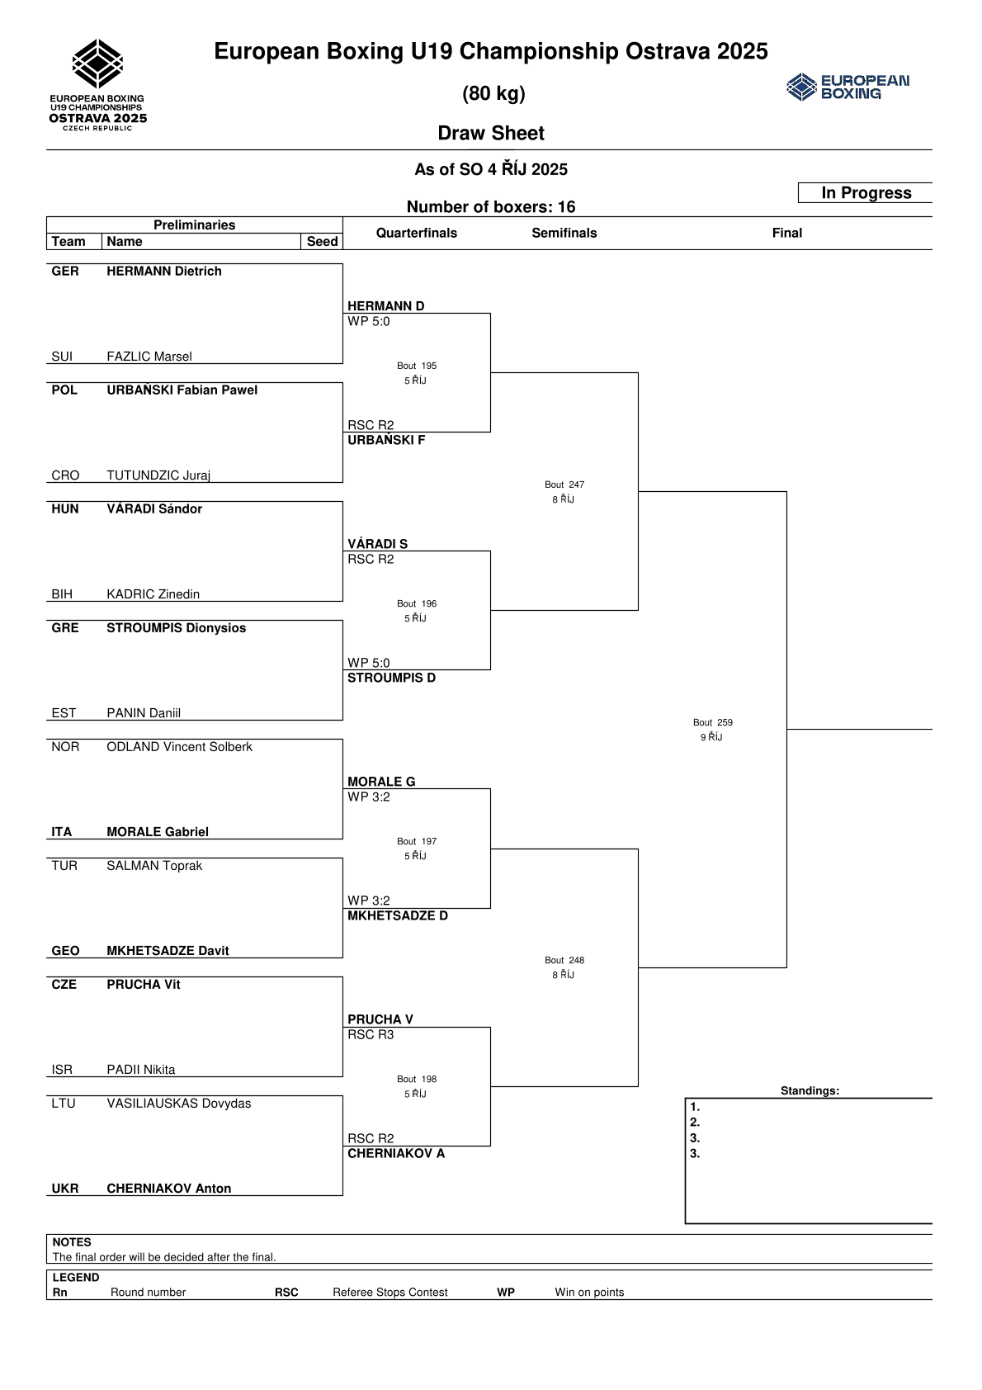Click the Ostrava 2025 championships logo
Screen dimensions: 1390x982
[x=97, y=85]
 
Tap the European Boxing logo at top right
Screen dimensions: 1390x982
[x=847, y=87]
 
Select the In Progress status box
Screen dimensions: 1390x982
[x=866, y=193]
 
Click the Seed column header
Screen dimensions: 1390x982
[x=322, y=242]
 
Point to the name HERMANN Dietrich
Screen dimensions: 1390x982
[x=163, y=272]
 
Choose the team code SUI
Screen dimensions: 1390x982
[x=62, y=357]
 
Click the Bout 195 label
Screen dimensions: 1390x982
[x=417, y=366]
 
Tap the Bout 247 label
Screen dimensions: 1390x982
[x=564, y=485]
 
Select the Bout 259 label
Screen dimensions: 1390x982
[x=713, y=722]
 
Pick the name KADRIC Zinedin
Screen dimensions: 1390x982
[x=153, y=594]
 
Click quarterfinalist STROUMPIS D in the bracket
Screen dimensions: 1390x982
[x=391, y=678]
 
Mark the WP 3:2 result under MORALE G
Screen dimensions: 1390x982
[x=369, y=797]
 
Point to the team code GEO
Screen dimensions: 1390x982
[x=65, y=951]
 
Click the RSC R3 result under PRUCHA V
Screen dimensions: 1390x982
[x=371, y=1035]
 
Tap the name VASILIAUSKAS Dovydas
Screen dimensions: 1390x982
[x=178, y=1104]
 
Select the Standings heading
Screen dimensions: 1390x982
[x=810, y=1090]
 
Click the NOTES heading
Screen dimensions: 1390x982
[x=72, y=1242]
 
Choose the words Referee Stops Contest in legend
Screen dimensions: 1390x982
[x=389, y=1293]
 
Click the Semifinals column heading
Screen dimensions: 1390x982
[x=564, y=233]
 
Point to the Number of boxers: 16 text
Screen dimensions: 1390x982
[x=491, y=207]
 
